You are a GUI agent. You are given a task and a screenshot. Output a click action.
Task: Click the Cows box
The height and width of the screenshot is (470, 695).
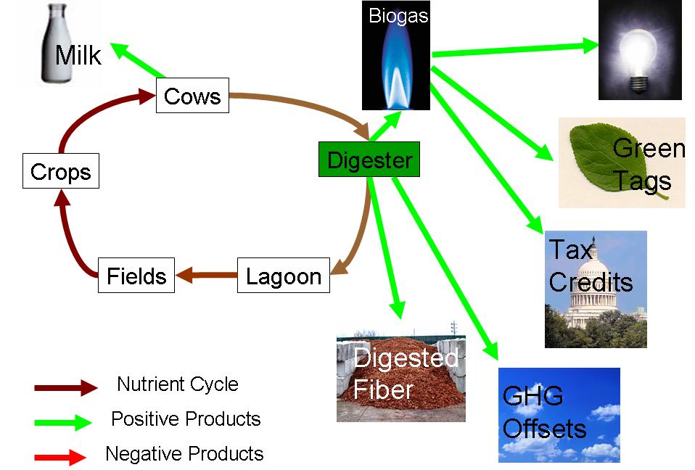click(x=192, y=95)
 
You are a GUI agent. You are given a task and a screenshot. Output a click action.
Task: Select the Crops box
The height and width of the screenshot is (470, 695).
click(x=61, y=171)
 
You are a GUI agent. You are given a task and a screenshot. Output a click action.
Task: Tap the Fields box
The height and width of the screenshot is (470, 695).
click(x=136, y=275)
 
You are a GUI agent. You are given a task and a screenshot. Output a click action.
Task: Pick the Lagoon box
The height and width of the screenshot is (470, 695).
click(x=284, y=275)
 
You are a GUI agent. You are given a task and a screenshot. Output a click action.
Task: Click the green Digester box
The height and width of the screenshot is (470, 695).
click(x=369, y=160)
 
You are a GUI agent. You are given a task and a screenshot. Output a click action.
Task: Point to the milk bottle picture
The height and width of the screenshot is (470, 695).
click(x=57, y=43)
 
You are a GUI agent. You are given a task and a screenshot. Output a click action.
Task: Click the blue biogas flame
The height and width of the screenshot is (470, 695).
click(x=396, y=67)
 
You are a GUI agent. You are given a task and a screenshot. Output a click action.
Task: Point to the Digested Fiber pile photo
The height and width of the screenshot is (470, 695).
click(x=401, y=376)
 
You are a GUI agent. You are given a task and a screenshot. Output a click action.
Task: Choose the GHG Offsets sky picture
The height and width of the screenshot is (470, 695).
click(x=559, y=415)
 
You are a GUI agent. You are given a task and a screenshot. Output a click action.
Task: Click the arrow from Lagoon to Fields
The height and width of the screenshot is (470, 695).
click(x=207, y=275)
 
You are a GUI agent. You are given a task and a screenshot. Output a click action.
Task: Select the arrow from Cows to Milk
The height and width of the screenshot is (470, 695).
click(x=137, y=60)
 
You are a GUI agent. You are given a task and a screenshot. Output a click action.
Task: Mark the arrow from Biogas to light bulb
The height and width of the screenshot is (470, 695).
click(x=515, y=49)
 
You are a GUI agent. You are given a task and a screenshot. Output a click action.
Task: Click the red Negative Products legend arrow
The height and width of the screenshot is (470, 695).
click(x=60, y=457)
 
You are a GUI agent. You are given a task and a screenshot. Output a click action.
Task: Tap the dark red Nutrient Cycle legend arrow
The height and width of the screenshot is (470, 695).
click(x=66, y=387)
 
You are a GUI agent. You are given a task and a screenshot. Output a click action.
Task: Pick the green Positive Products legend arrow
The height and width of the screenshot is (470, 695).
click(x=63, y=422)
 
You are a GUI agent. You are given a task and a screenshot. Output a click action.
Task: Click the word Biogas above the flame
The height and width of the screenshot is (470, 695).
click(x=398, y=16)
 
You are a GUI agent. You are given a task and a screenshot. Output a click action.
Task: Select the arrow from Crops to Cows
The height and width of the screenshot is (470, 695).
click(x=89, y=109)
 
